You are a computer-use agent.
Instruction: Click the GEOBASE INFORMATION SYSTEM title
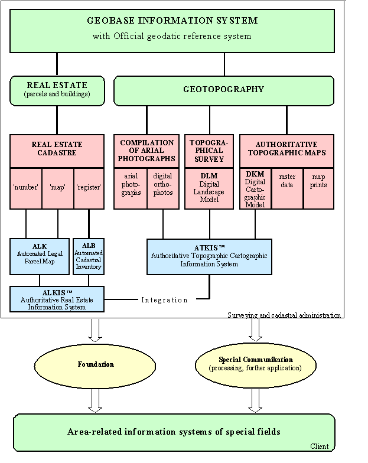[x=172, y=21]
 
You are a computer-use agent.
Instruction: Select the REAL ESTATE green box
[x=57, y=89]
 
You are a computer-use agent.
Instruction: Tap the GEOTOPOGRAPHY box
[x=224, y=90]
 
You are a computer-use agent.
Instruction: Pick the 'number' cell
[x=25, y=188]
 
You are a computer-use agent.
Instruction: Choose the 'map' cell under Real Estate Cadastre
[x=57, y=188]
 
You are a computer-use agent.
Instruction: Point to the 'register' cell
[x=89, y=188]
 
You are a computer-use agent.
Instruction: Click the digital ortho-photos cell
[x=162, y=184]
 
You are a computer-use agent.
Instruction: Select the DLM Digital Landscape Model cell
[x=209, y=188]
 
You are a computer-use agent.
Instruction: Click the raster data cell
[x=287, y=180]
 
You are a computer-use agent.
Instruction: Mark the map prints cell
[x=318, y=180]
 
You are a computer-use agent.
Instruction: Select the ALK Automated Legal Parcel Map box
[x=40, y=256]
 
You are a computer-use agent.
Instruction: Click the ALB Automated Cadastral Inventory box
[x=88, y=256]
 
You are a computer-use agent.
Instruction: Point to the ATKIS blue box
[x=209, y=256]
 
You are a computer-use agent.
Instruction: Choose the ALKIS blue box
[x=57, y=299]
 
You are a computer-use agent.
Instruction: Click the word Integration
[x=164, y=300]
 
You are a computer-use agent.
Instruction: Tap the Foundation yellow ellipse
[x=95, y=364]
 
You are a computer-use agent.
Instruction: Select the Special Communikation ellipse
[x=255, y=364]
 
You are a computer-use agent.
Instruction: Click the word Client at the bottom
[x=320, y=446]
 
